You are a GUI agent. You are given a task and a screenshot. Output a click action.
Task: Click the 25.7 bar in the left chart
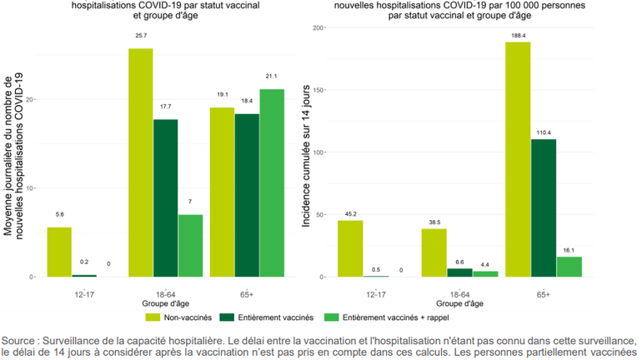click(140, 162)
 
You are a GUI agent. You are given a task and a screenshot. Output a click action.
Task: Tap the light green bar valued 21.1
click(272, 182)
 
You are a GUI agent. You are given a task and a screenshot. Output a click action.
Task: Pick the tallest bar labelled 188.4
click(517, 158)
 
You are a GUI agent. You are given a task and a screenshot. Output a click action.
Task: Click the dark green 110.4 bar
click(542, 207)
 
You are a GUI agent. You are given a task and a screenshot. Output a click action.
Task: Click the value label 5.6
click(58, 214)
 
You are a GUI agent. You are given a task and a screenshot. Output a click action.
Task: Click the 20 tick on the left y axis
click(31, 99)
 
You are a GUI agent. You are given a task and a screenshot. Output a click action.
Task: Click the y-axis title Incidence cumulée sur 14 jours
click(308, 157)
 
